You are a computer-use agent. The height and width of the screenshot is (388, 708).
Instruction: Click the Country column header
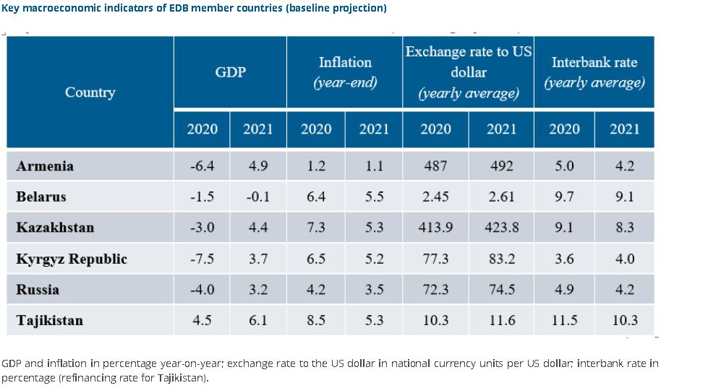point(90,92)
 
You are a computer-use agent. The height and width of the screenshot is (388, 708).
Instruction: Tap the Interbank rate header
point(594,72)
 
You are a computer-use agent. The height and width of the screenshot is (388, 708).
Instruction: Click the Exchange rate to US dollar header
point(468,72)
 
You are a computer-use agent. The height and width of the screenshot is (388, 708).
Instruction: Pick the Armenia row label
point(45,166)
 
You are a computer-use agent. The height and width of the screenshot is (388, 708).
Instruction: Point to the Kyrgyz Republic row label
point(72,259)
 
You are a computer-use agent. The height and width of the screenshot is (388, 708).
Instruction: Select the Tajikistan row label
point(50,320)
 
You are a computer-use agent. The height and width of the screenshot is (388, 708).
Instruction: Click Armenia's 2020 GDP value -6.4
point(202,166)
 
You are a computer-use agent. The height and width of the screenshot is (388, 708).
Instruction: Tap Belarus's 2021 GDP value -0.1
point(258,197)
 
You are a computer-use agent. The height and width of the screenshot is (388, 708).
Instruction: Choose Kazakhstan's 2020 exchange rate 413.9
point(435,228)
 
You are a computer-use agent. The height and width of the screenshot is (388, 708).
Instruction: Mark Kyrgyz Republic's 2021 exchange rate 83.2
point(501,259)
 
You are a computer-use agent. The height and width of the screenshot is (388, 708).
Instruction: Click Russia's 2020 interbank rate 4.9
point(564,290)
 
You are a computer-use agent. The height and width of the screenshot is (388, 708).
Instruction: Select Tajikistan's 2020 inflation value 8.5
point(316,320)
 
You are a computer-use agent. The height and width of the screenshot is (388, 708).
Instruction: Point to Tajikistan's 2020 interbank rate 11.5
point(564,320)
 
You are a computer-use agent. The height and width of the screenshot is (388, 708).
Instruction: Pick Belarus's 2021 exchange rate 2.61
point(501,197)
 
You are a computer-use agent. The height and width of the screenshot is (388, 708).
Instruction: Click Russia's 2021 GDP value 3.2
point(258,290)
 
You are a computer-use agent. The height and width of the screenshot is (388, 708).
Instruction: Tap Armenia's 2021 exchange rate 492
point(501,166)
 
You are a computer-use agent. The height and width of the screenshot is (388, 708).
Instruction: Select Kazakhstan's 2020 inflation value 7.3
point(316,228)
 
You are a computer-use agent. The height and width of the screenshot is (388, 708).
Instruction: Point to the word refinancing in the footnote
point(88,378)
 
